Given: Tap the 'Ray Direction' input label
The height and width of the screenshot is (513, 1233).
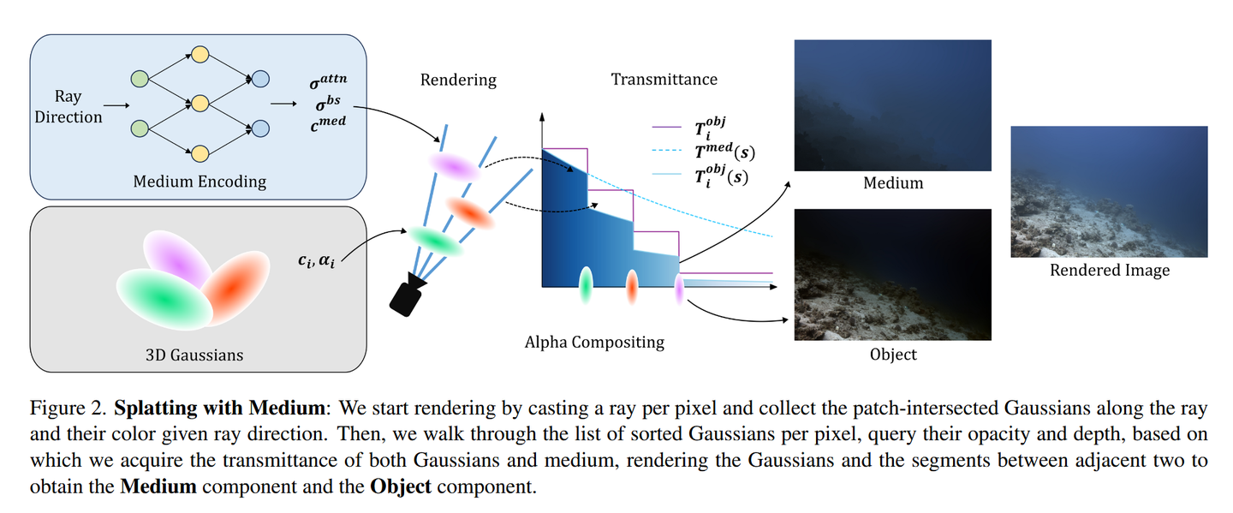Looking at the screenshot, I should [x=68, y=107].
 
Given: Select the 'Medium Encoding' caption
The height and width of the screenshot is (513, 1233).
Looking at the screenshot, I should [x=199, y=182].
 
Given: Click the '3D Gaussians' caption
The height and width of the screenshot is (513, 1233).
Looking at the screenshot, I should [x=199, y=354].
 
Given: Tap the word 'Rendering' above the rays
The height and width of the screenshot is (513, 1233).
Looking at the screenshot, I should [x=458, y=80].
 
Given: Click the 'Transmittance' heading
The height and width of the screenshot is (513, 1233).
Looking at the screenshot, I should [x=664, y=80].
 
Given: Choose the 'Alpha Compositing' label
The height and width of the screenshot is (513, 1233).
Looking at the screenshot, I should [x=594, y=342].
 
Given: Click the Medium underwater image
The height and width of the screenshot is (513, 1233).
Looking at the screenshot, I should [x=892, y=105].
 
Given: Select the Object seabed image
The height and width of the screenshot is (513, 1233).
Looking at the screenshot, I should [x=892, y=275].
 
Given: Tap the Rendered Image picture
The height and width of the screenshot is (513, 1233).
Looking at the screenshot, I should [x=1108, y=192].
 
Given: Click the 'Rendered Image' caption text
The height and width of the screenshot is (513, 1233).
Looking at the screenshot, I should [x=1109, y=271].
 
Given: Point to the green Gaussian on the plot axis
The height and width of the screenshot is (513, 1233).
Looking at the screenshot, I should [x=587, y=285].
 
